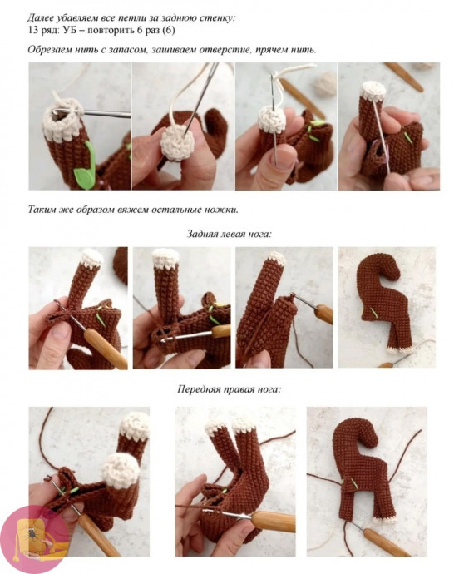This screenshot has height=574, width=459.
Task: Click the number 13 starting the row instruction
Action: click(x=33, y=30)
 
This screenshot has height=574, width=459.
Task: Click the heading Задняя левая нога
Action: click(x=229, y=234)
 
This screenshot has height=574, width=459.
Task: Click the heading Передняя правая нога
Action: click(x=229, y=388)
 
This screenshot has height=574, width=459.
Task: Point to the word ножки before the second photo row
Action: click(x=220, y=210)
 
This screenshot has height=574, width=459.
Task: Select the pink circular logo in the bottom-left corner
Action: click(x=34, y=540)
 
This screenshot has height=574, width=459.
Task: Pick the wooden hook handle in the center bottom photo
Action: click(x=274, y=522)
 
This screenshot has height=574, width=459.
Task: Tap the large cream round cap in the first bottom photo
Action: click(x=121, y=470)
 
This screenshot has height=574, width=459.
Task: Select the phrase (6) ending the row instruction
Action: click(x=169, y=30)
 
